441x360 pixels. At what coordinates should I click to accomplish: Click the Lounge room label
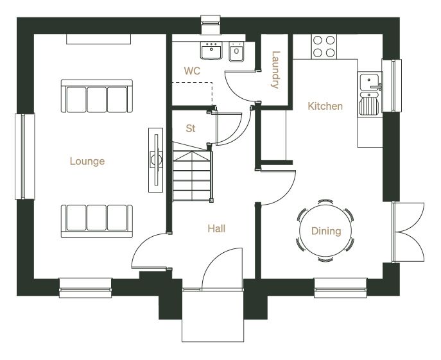[87, 161]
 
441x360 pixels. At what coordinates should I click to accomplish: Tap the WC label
[192, 71]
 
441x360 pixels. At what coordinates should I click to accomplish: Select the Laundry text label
[275, 69]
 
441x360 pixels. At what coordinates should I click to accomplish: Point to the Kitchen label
[325, 106]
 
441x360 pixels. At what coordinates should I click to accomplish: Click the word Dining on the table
[326, 231]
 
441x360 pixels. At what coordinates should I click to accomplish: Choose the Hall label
[216, 228]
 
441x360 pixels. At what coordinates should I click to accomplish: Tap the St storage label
[191, 128]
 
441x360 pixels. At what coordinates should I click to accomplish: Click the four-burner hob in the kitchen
[324, 46]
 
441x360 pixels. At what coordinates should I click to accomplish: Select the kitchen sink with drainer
[370, 94]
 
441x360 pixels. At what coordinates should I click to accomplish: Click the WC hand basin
[211, 50]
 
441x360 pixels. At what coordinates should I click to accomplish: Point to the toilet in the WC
[236, 52]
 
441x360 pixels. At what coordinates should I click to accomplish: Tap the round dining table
[325, 230]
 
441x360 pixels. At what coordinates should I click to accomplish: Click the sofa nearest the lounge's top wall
[97, 96]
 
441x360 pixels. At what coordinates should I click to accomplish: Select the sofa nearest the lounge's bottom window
[97, 221]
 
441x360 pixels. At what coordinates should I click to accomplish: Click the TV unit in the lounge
[155, 160]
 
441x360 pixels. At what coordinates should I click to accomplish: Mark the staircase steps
[192, 175]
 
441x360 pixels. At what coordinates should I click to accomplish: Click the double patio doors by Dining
[408, 232]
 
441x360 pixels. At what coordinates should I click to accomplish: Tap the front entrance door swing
[222, 269]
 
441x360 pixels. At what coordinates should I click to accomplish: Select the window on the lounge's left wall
[25, 157]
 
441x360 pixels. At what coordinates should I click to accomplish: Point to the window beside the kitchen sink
[392, 85]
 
